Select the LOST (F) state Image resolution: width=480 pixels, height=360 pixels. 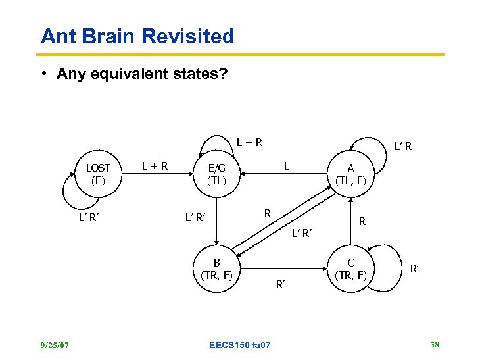coord(99,173)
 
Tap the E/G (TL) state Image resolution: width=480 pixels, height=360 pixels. coord(216,173)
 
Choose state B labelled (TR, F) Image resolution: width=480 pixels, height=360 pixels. coord(217,269)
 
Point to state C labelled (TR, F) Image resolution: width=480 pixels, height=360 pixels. coord(351,269)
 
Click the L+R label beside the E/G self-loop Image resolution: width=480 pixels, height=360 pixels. coord(250,141)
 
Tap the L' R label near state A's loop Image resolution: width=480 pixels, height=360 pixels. coord(402,146)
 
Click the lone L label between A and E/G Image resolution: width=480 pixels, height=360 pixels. coord(286,166)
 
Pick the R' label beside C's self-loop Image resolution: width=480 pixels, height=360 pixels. coord(415,268)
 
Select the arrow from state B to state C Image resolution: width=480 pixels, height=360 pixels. coord(289,269)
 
